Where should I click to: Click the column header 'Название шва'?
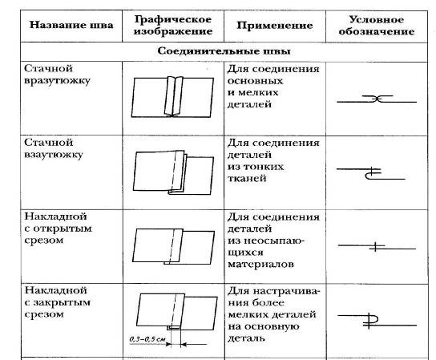[x=71, y=25]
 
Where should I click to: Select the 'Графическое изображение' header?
[x=173, y=25]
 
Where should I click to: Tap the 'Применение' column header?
[x=275, y=26]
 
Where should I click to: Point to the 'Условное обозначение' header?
[x=377, y=26]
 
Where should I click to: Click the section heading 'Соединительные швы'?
[x=224, y=51]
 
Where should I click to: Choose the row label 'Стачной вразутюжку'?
[x=57, y=75]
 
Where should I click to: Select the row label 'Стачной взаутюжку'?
[x=54, y=148]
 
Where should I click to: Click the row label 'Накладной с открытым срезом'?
[x=58, y=229]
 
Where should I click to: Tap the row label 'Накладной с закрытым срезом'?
[x=57, y=302]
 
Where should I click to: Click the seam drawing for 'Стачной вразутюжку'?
[x=172, y=96]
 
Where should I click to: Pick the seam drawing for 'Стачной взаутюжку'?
[x=173, y=172]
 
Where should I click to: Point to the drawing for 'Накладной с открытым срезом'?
[x=173, y=246]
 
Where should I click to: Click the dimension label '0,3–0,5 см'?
[x=147, y=339]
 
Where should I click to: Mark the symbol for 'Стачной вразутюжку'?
[x=377, y=99]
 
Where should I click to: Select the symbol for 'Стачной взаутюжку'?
[x=371, y=173]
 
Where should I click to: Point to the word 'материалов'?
[x=260, y=264]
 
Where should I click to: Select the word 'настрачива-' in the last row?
[x=287, y=292]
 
